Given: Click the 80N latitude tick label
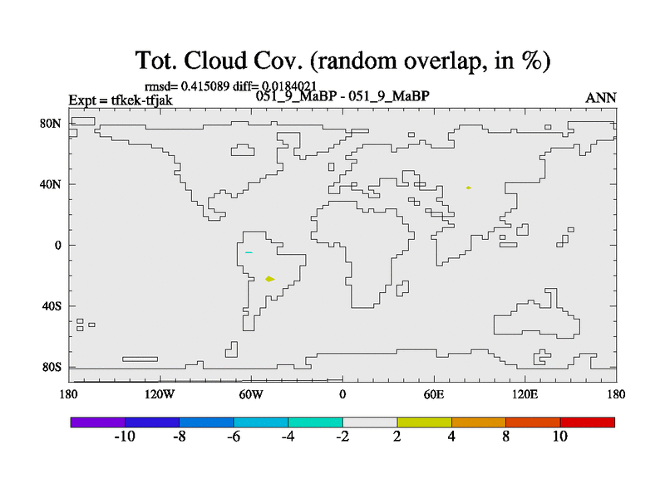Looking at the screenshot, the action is tap(51, 124).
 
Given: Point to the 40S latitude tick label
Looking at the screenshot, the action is tap(52, 306).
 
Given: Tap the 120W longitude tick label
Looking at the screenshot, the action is tap(159, 395).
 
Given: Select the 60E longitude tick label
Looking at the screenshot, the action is tap(433, 395).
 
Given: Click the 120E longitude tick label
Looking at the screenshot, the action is tap(525, 395).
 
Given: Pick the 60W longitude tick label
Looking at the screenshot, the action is tap(251, 395).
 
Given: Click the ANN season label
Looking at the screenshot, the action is tap(600, 98).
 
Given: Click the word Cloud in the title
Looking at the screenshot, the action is tap(215, 61).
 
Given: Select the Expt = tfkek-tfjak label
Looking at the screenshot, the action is tap(121, 100).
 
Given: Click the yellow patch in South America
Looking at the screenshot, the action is tap(269, 279).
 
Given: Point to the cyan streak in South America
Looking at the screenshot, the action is tap(249, 253).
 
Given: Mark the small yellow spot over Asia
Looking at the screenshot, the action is tap(469, 188).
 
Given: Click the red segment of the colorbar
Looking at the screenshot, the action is tap(588, 422).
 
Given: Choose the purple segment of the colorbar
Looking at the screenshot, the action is tap(98, 422).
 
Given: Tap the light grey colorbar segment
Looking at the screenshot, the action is tap(370, 422).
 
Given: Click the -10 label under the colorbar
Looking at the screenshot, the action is tap(125, 437).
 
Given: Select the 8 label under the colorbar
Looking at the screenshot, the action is tap(506, 437).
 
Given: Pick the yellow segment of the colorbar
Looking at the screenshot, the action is tap(424, 422).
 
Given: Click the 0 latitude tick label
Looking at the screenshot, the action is tap(57, 246).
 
